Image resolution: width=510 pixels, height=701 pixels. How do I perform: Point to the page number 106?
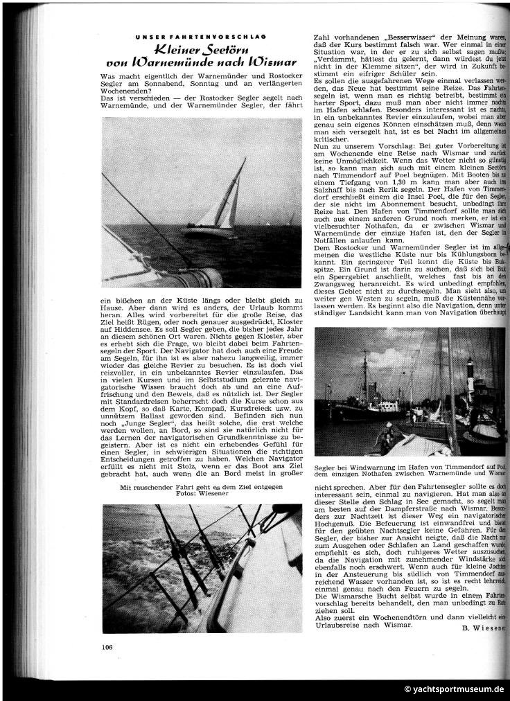coord(106,647)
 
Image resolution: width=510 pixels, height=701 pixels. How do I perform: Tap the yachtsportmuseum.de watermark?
coord(455,689)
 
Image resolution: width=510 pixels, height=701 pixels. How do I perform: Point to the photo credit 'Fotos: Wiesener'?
coord(202,494)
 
